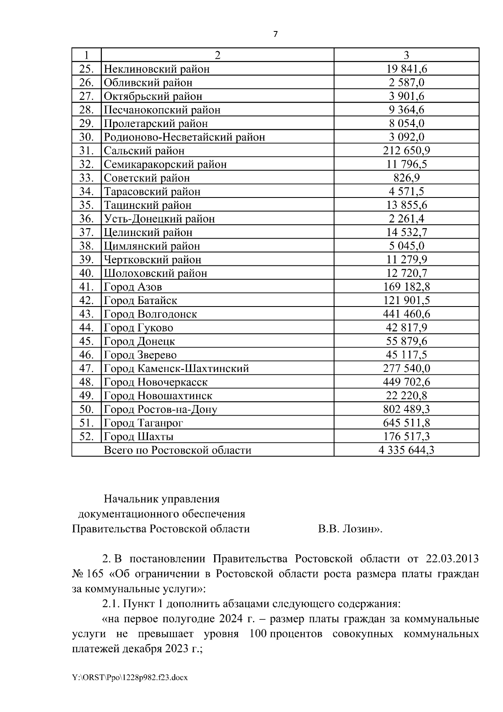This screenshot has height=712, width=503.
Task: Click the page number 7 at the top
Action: pyautogui.click(x=275, y=34)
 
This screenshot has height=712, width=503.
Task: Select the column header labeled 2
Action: pyautogui.click(x=217, y=55)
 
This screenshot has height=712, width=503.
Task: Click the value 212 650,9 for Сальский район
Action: pyautogui.click(x=406, y=151)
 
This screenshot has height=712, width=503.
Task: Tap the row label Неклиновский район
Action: pyautogui.click(x=156, y=69)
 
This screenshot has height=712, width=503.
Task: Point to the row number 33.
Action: pyautogui.click(x=86, y=178)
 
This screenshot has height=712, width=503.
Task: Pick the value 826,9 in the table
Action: pyautogui.click(x=406, y=178)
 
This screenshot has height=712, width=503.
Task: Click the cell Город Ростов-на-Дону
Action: pyautogui.click(x=161, y=409)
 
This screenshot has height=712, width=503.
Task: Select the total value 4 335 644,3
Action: pyautogui.click(x=406, y=450)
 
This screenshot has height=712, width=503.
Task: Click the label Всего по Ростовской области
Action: pyautogui.click(x=177, y=450)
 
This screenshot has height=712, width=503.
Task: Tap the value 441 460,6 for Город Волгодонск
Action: pyautogui.click(x=406, y=314)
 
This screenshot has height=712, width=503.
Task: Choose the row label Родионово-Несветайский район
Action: pyautogui.click(x=184, y=137)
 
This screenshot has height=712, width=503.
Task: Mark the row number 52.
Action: pyautogui.click(x=86, y=437)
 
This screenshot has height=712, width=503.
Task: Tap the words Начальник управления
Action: pyautogui.click(x=162, y=499)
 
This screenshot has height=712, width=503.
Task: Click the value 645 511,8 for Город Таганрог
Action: pyautogui.click(x=406, y=423)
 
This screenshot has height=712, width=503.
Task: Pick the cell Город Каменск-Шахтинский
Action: pyautogui.click(x=176, y=369)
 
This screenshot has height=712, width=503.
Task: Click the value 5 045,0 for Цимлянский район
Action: pyautogui.click(x=406, y=246)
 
